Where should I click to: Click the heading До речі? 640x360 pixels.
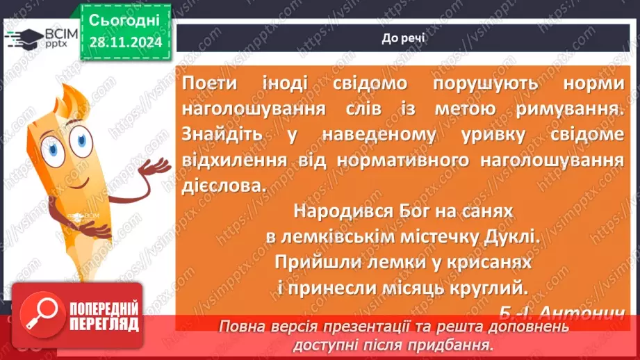(x=404, y=38)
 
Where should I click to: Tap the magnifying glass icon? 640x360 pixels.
(x=42, y=317)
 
